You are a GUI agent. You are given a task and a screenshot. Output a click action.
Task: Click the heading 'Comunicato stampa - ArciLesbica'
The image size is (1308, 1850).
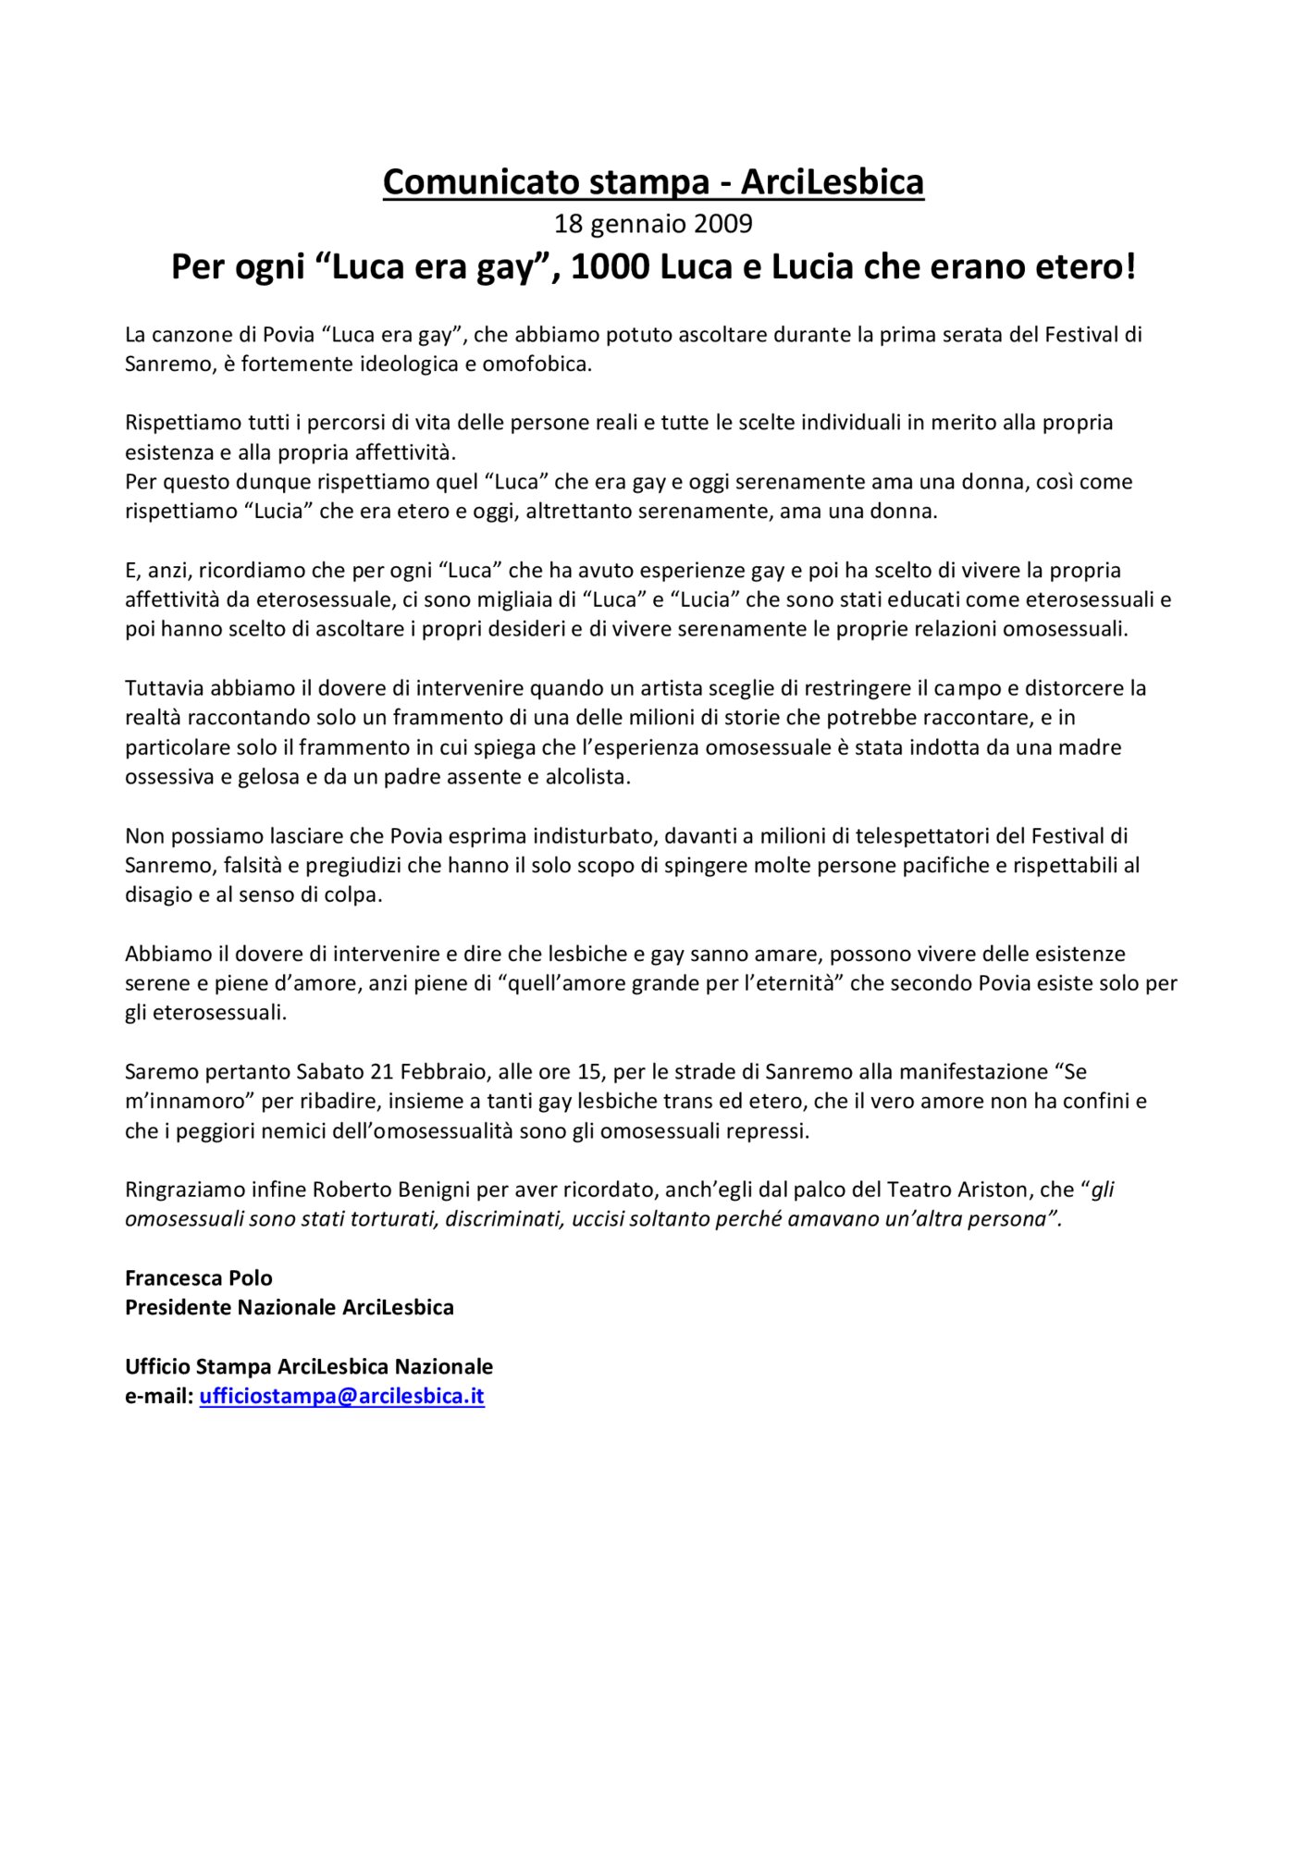pyautogui.click(x=653, y=182)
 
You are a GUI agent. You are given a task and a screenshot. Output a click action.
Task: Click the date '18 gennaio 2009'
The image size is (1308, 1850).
pyautogui.click(x=653, y=224)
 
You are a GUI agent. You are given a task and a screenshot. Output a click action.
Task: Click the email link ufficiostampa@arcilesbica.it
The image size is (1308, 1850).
pyautogui.click(x=341, y=1396)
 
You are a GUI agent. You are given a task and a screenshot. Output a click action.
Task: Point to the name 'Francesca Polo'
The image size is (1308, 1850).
pyautogui.click(x=199, y=1277)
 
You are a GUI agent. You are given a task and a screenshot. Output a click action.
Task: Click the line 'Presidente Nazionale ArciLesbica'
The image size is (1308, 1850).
pyautogui.click(x=290, y=1307)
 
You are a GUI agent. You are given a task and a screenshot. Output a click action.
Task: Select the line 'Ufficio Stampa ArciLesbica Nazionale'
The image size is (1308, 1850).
pyautogui.click(x=309, y=1366)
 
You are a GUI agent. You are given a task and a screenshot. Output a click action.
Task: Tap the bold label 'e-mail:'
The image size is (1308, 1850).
pyautogui.click(x=159, y=1396)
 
